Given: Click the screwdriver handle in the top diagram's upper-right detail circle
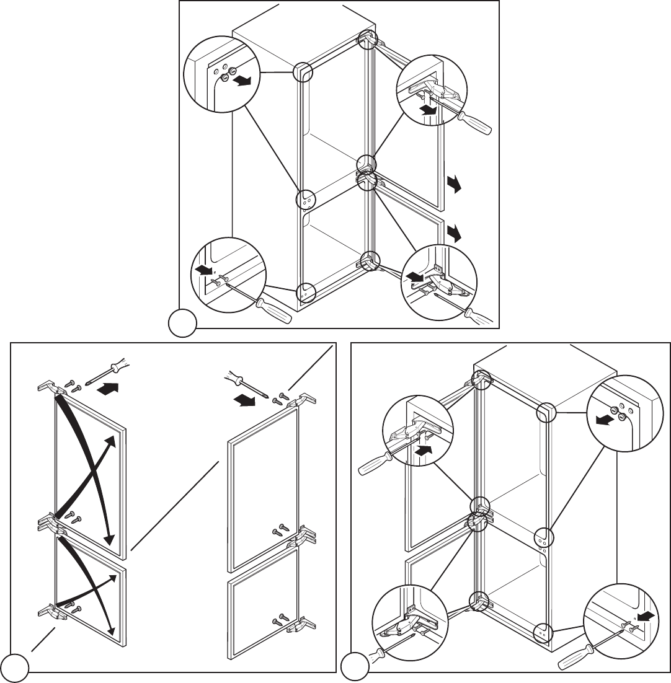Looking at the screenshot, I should coord(478,125).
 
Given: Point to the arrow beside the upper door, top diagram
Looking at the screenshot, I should coord(455,184).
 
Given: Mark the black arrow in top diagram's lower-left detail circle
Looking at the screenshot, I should coord(203,270).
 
